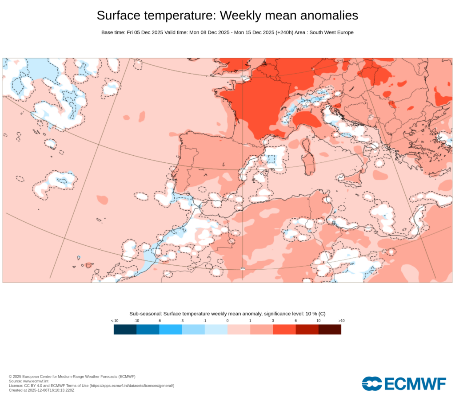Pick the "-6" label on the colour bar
point(159,320)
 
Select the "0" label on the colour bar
point(227,320)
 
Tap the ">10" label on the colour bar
point(341,320)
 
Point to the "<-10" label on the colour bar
point(114,320)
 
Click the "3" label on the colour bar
point(273,320)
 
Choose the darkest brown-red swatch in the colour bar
point(330,329)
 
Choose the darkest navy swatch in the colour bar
point(125,329)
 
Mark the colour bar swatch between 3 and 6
point(284,329)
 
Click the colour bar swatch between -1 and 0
point(216,329)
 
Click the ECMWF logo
point(403,384)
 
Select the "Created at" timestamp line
point(41,390)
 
